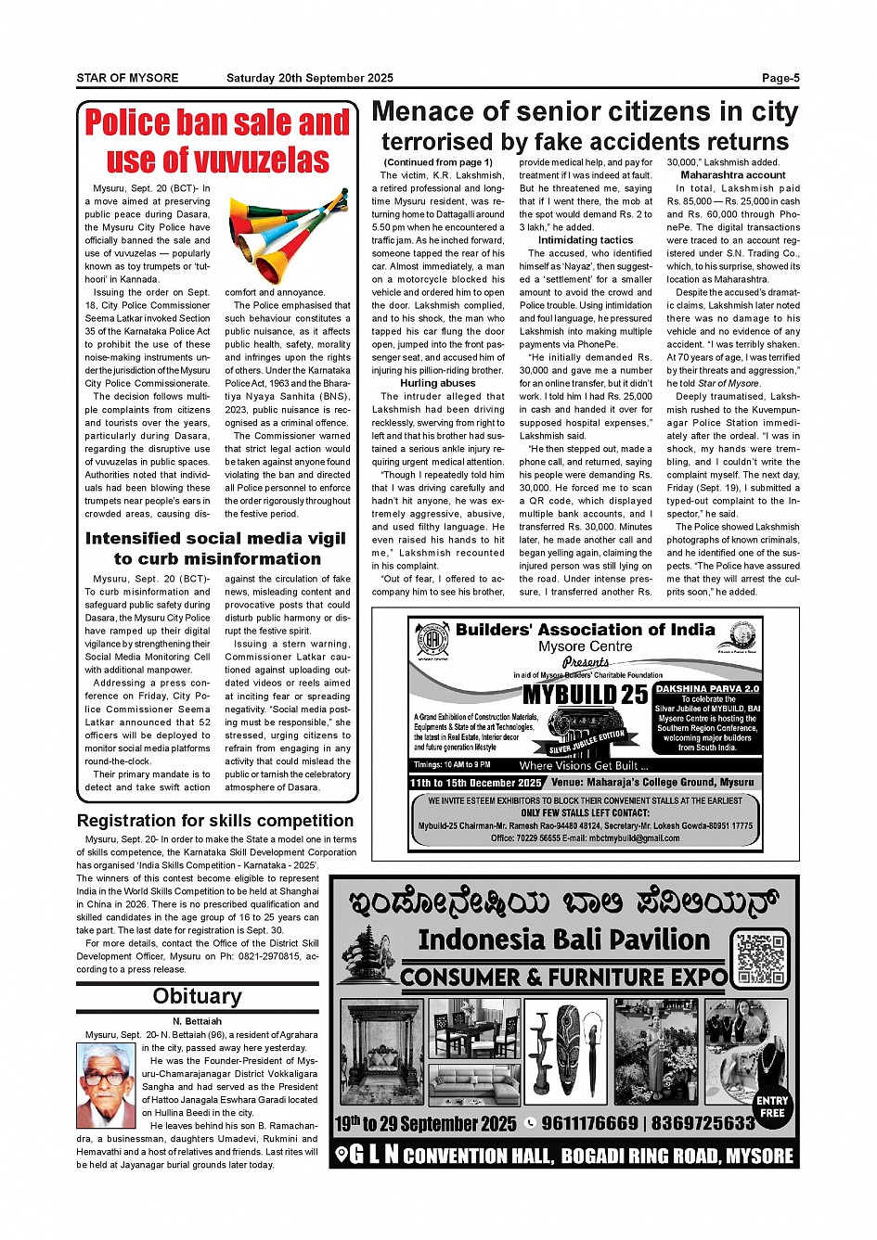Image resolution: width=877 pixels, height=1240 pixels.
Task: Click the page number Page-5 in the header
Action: (780, 78)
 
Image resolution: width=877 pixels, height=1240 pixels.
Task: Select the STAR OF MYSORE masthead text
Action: (127, 78)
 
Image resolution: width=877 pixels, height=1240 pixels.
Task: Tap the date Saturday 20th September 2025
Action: (309, 78)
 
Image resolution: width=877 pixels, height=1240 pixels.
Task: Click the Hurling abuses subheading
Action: (437, 383)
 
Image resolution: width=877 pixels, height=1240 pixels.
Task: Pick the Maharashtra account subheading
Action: (732, 175)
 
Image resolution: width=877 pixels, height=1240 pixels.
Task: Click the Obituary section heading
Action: (197, 997)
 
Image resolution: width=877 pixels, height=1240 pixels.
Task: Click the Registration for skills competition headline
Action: (215, 821)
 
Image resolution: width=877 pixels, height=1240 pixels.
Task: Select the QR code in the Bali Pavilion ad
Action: (761, 957)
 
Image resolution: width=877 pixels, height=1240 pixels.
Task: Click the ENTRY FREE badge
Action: (771, 1106)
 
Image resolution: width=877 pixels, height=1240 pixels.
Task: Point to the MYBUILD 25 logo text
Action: (585, 696)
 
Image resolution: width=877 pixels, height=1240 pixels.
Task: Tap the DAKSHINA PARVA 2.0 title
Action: (708, 689)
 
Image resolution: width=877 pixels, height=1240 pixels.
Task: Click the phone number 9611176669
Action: (589, 1123)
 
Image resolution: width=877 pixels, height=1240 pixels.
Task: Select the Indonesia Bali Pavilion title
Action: (563, 940)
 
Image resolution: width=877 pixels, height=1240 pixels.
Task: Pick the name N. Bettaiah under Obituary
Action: (197, 1021)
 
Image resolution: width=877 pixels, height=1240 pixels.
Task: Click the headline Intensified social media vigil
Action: (215, 538)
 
